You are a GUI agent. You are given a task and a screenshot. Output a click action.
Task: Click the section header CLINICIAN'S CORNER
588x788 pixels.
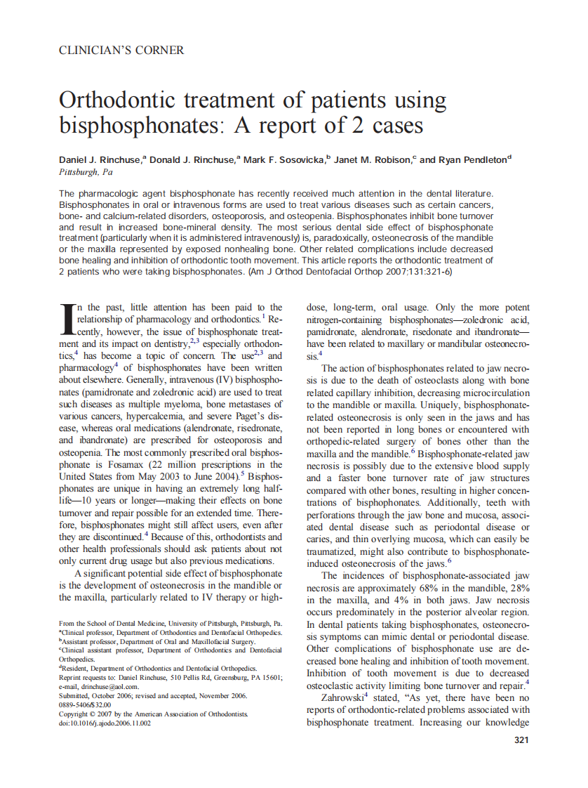pyautogui.click(x=121, y=51)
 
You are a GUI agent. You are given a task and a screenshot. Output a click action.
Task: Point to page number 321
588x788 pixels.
pyautogui.click(x=521, y=740)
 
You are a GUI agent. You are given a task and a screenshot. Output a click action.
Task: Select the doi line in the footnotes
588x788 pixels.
pyautogui.click(x=105, y=723)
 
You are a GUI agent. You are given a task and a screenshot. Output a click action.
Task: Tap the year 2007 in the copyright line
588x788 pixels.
pyautogui.click(x=102, y=714)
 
